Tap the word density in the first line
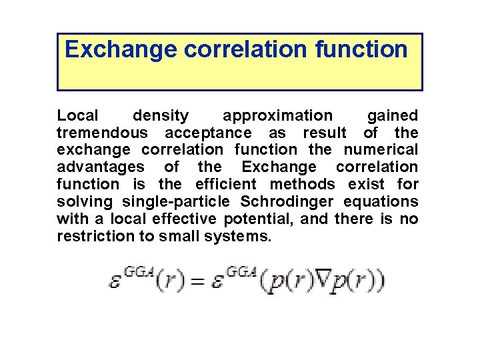pyautogui.click(x=161, y=116)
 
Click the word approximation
pyautogui.click(x=277, y=116)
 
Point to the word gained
pyautogui.click(x=393, y=116)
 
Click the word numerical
pyautogui.click(x=381, y=150)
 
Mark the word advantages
pyautogui.click(x=100, y=167)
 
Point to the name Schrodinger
pyautogui.click(x=292, y=201)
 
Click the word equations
pyautogui.click(x=387, y=201)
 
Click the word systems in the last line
pyautogui.click(x=241, y=235)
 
